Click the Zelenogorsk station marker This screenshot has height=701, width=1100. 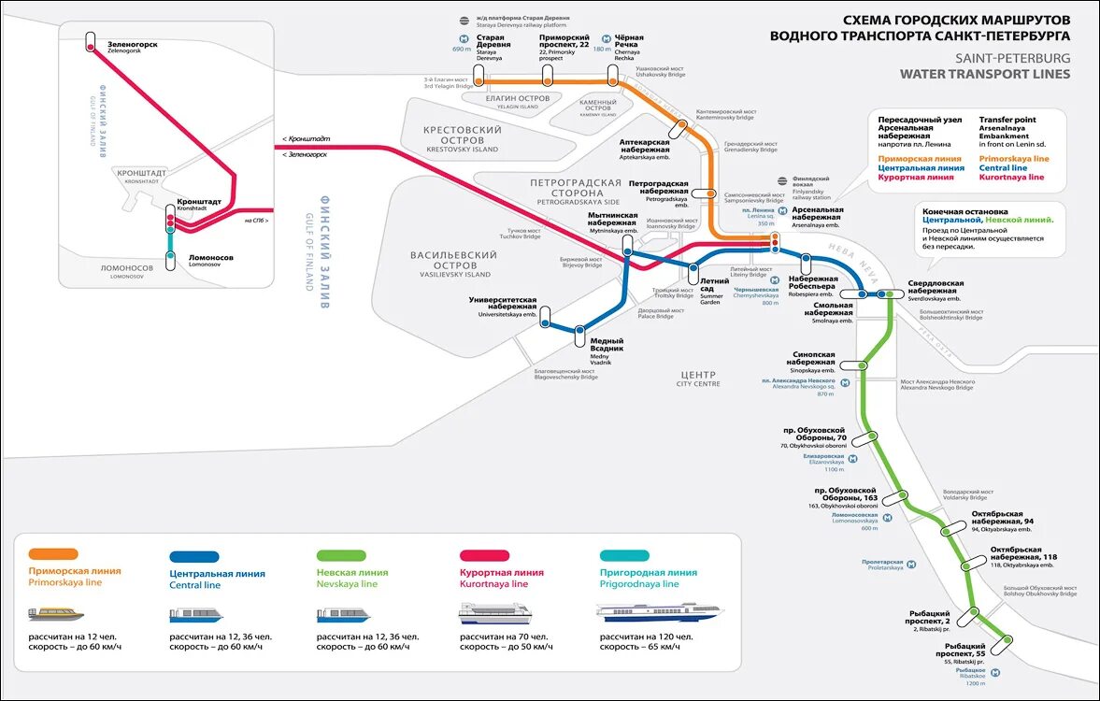[x=91, y=41]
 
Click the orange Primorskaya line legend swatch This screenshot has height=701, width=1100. [x=53, y=553]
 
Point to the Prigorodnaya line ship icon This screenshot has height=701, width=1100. [x=660, y=613]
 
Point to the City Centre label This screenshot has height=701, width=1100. [x=698, y=378]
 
